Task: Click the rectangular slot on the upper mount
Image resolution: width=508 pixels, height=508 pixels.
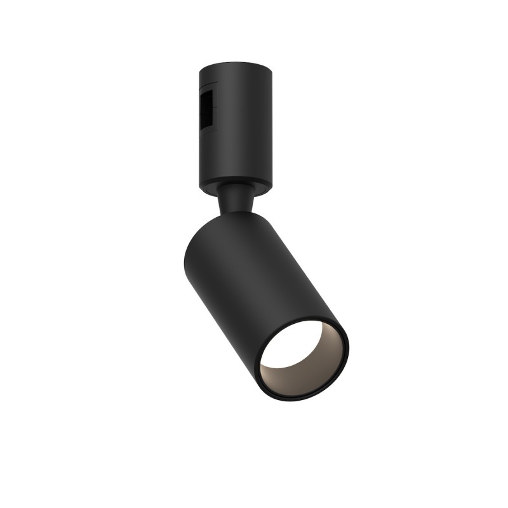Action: click(x=207, y=110)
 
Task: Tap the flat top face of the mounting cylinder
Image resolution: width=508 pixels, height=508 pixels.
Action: click(x=236, y=66)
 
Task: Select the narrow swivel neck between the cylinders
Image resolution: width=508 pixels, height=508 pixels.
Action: click(x=236, y=200)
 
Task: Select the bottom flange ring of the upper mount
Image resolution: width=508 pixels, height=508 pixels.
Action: click(x=236, y=187)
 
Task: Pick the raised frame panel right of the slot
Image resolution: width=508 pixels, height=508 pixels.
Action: click(x=215, y=110)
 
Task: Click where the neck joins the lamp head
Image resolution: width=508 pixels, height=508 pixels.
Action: click(x=236, y=213)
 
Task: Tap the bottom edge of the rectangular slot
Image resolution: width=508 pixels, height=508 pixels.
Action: click(x=207, y=126)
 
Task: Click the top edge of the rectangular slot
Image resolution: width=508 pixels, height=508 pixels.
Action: click(x=207, y=94)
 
